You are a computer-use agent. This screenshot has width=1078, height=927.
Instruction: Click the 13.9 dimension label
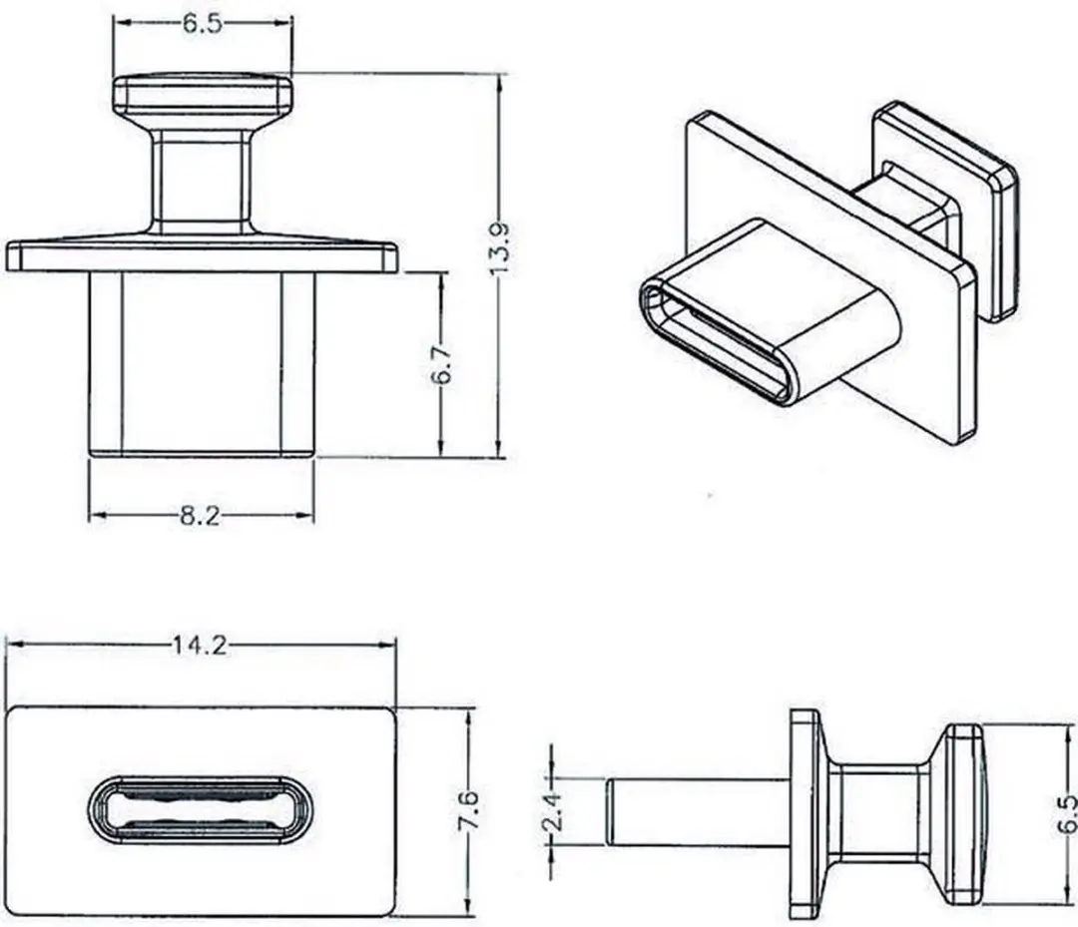[500, 248]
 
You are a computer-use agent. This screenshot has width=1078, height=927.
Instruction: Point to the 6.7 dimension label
[442, 364]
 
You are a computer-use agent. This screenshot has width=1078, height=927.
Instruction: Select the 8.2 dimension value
[201, 515]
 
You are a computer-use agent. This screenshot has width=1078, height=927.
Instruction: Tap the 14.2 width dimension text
[200, 645]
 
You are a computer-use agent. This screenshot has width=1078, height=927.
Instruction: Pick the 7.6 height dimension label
[468, 811]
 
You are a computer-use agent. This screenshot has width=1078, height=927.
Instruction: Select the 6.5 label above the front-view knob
[203, 24]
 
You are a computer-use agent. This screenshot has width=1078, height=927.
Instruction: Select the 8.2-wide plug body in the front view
[202, 364]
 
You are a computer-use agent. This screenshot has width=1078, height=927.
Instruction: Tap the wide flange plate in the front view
[202, 255]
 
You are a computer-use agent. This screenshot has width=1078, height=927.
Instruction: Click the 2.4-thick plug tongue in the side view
[698, 811]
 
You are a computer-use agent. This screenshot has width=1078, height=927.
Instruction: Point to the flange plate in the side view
[806, 814]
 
